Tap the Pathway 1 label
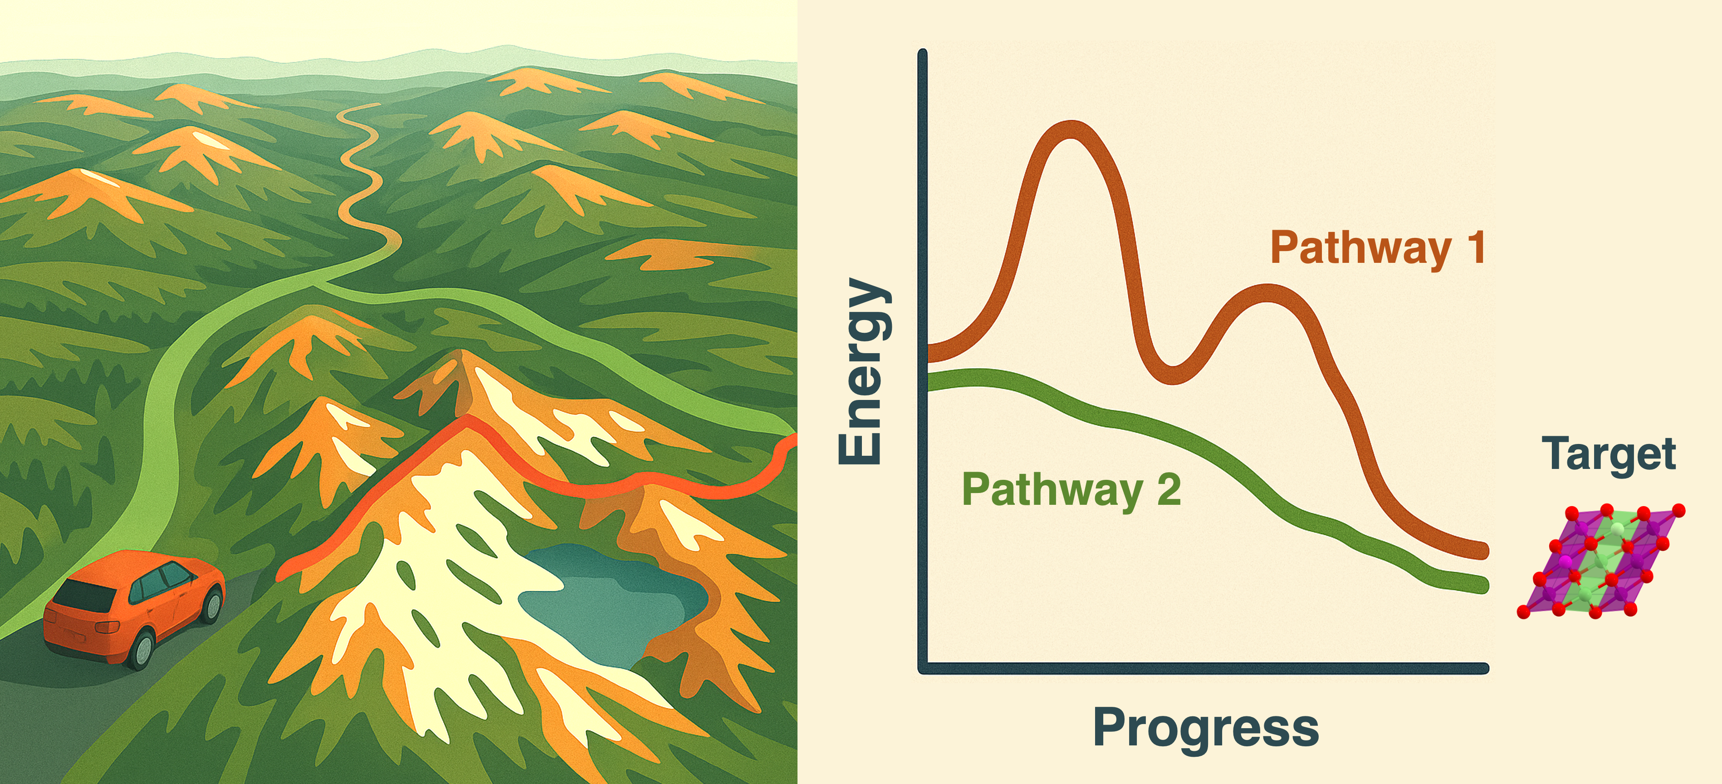1378,249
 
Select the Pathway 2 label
1071,490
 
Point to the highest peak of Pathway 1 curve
1071,130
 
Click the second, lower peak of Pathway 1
1267,294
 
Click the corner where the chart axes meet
923,668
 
